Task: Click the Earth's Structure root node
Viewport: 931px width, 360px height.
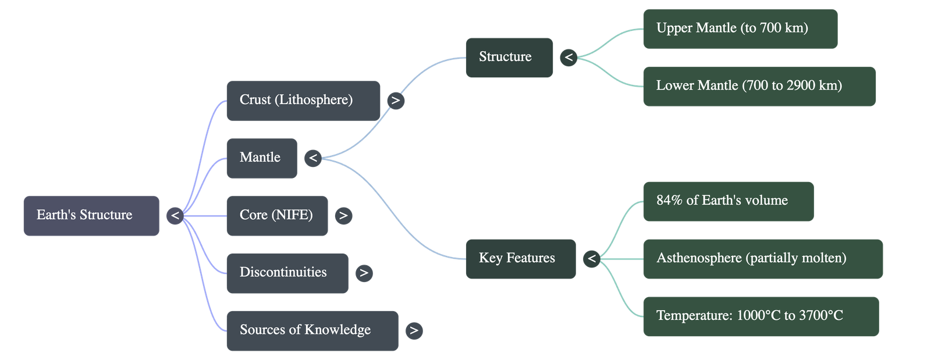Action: tap(91, 215)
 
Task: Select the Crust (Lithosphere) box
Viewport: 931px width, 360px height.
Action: tap(303, 100)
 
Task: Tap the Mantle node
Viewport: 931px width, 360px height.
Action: tap(261, 158)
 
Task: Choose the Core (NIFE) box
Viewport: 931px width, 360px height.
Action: tap(276, 215)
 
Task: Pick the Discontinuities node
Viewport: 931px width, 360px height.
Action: tap(287, 273)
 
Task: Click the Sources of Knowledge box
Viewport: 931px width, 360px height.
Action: tap(312, 330)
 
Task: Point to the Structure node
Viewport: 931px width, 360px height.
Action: tap(509, 57)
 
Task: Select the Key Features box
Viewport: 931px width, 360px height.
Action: tap(520, 258)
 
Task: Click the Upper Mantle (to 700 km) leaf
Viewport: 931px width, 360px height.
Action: tap(740, 28)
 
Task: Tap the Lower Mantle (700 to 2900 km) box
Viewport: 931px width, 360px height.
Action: tap(759, 85)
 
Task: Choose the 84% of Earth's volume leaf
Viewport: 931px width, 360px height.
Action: tap(728, 201)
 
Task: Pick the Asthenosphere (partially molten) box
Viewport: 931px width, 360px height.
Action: tap(762, 258)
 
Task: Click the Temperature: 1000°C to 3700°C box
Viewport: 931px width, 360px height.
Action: tap(760, 316)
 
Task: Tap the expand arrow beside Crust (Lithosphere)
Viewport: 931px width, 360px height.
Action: tap(396, 101)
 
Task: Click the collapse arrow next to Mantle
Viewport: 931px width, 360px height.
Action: tap(312, 158)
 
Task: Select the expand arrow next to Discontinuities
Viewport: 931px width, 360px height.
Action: tap(364, 273)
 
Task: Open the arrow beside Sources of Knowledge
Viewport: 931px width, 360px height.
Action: tap(414, 330)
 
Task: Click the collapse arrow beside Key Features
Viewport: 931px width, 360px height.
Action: tap(591, 258)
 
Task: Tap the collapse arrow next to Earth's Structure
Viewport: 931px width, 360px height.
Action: tap(175, 216)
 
